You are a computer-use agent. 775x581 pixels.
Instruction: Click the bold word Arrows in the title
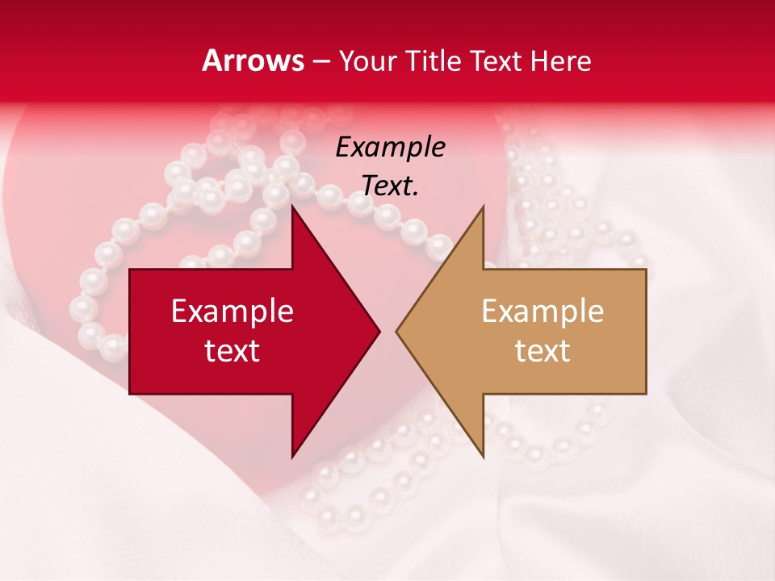point(253,61)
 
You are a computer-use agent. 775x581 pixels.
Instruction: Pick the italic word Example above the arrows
point(390,148)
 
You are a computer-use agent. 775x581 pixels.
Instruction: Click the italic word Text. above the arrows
point(390,186)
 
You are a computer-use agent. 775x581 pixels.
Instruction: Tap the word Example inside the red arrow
point(232,311)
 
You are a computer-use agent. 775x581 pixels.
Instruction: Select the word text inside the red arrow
point(232,351)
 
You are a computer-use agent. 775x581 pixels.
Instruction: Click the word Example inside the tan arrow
point(542,311)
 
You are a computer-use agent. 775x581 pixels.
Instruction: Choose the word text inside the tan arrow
point(542,351)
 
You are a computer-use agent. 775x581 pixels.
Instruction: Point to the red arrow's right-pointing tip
point(378,331)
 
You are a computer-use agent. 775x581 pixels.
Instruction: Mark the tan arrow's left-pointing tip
point(398,331)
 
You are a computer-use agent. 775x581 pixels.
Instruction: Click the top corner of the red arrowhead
point(293,207)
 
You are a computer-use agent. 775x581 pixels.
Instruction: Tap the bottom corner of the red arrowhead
point(293,456)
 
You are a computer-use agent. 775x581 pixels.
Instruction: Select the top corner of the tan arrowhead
point(483,207)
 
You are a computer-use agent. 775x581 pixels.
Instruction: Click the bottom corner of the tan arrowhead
point(483,456)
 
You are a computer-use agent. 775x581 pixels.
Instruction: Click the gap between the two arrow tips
point(388,331)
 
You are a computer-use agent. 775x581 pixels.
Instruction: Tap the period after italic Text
point(416,194)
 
